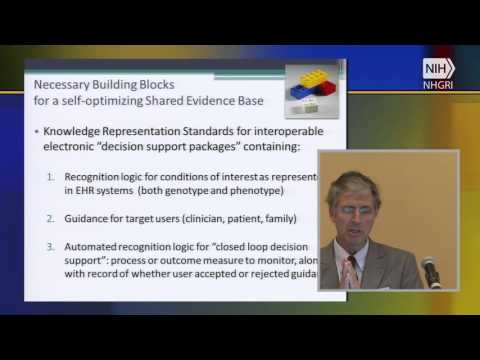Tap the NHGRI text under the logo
coord(438,85)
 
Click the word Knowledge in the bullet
coord(76,130)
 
